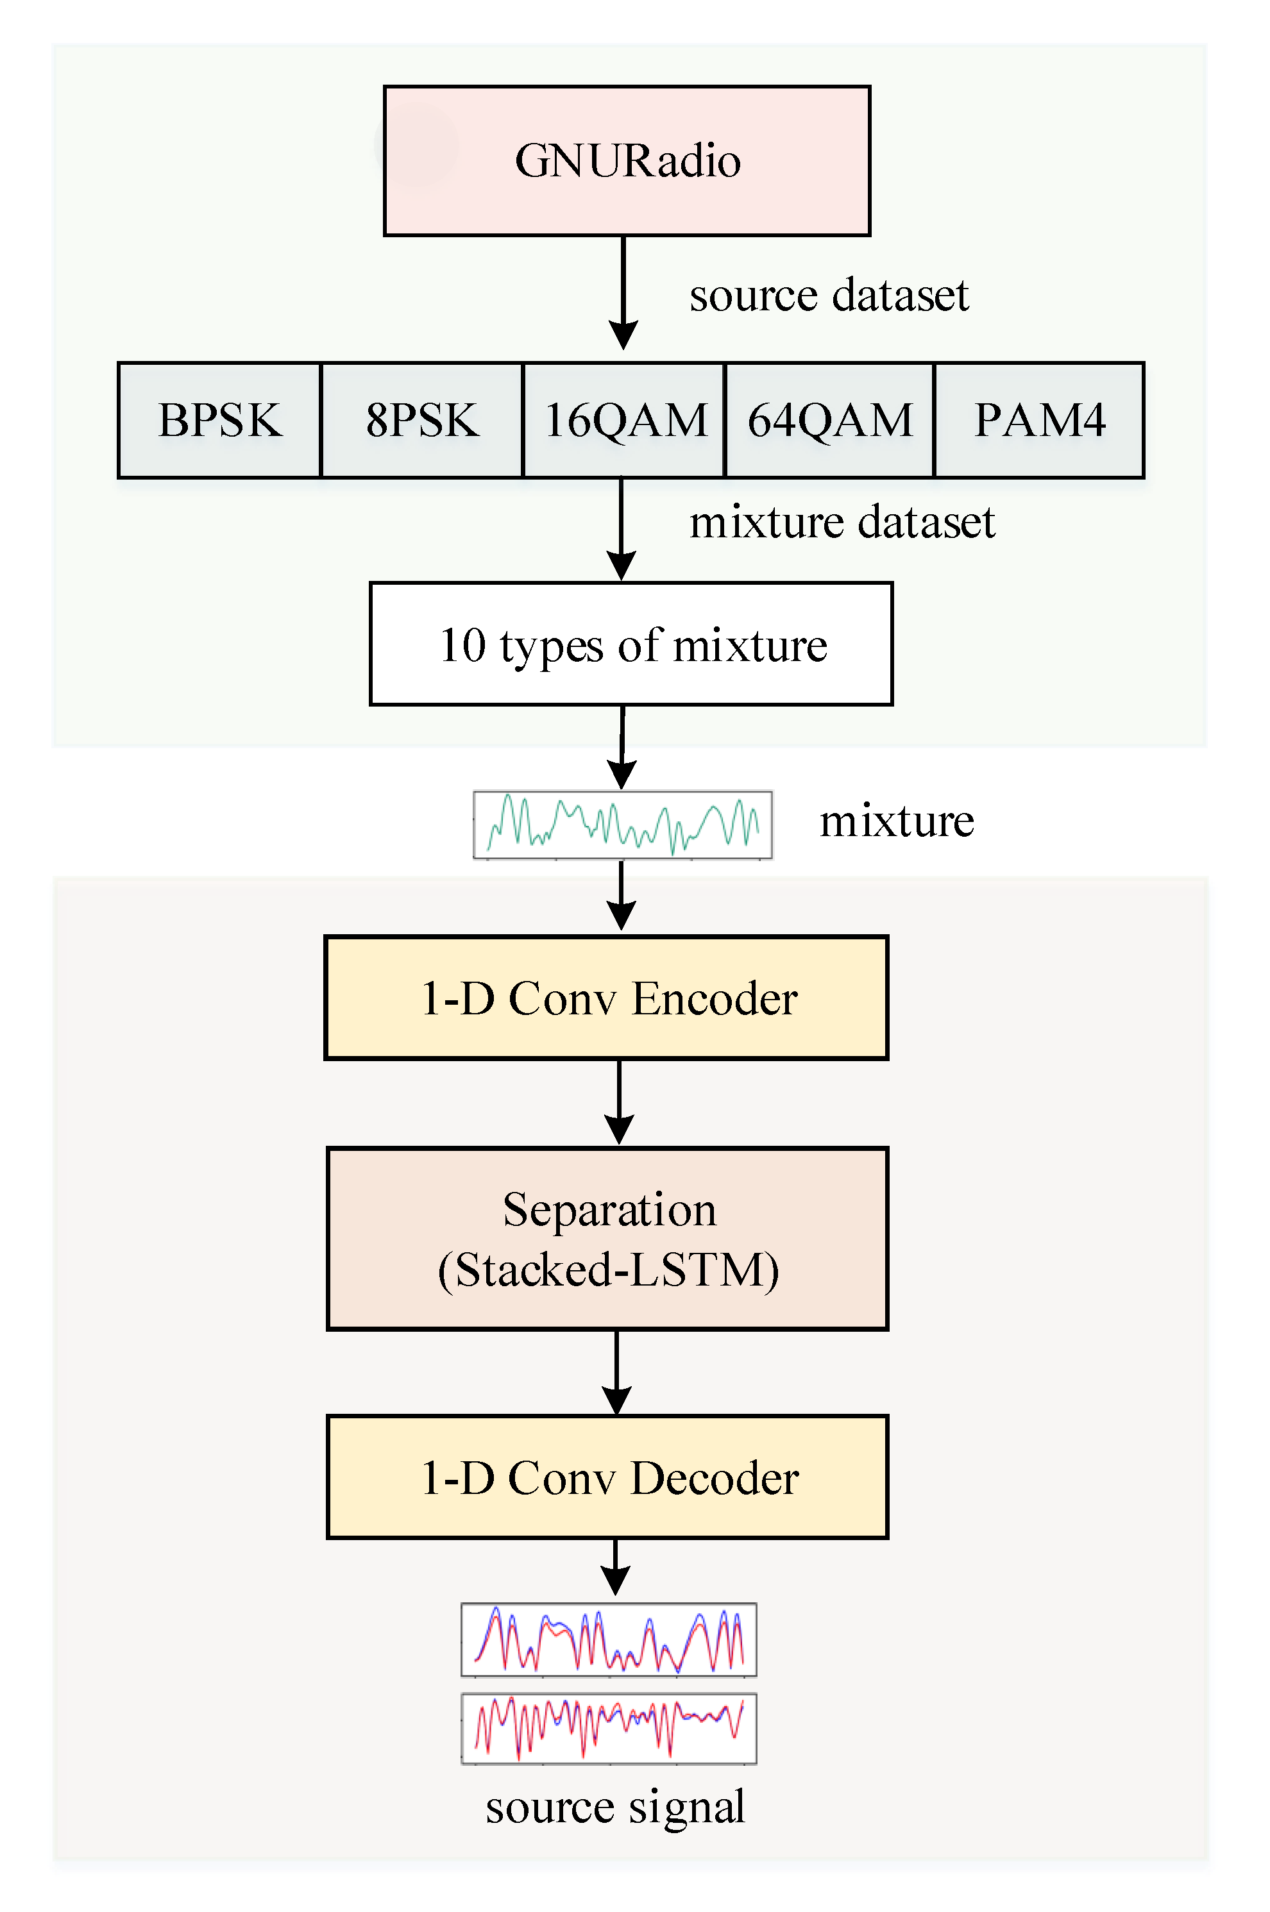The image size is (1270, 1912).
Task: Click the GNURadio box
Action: pos(627,160)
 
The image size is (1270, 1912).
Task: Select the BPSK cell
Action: pos(219,420)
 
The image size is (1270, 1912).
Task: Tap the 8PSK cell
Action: pos(421,420)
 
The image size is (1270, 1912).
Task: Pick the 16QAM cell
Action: pos(623,420)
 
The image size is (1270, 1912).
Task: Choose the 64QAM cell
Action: pos(829,420)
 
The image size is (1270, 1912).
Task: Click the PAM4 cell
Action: pos(1039,420)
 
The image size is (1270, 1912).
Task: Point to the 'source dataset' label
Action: pos(829,295)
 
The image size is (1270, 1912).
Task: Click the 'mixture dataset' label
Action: pos(842,522)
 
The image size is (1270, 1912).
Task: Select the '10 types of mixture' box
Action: pos(631,644)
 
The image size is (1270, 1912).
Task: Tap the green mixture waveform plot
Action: pos(622,825)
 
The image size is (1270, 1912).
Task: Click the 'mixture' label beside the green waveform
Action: pos(896,821)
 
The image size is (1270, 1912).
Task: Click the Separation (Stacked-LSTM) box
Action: pos(607,1239)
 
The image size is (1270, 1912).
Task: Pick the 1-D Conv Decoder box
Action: pos(607,1477)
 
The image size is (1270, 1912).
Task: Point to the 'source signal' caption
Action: pos(614,1807)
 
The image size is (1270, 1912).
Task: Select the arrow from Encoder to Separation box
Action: pos(620,1102)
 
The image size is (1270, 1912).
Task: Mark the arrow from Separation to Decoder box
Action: pos(617,1372)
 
